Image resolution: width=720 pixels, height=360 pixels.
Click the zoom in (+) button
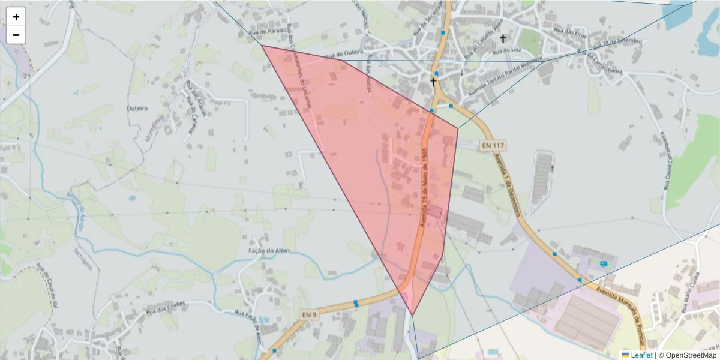16,17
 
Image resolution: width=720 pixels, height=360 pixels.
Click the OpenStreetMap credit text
691,355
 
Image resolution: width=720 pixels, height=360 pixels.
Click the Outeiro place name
137,108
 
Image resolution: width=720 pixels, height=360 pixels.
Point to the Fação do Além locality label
269,250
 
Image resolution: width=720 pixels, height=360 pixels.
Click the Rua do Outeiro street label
344,55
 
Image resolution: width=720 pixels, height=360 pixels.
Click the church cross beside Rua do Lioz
503,38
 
